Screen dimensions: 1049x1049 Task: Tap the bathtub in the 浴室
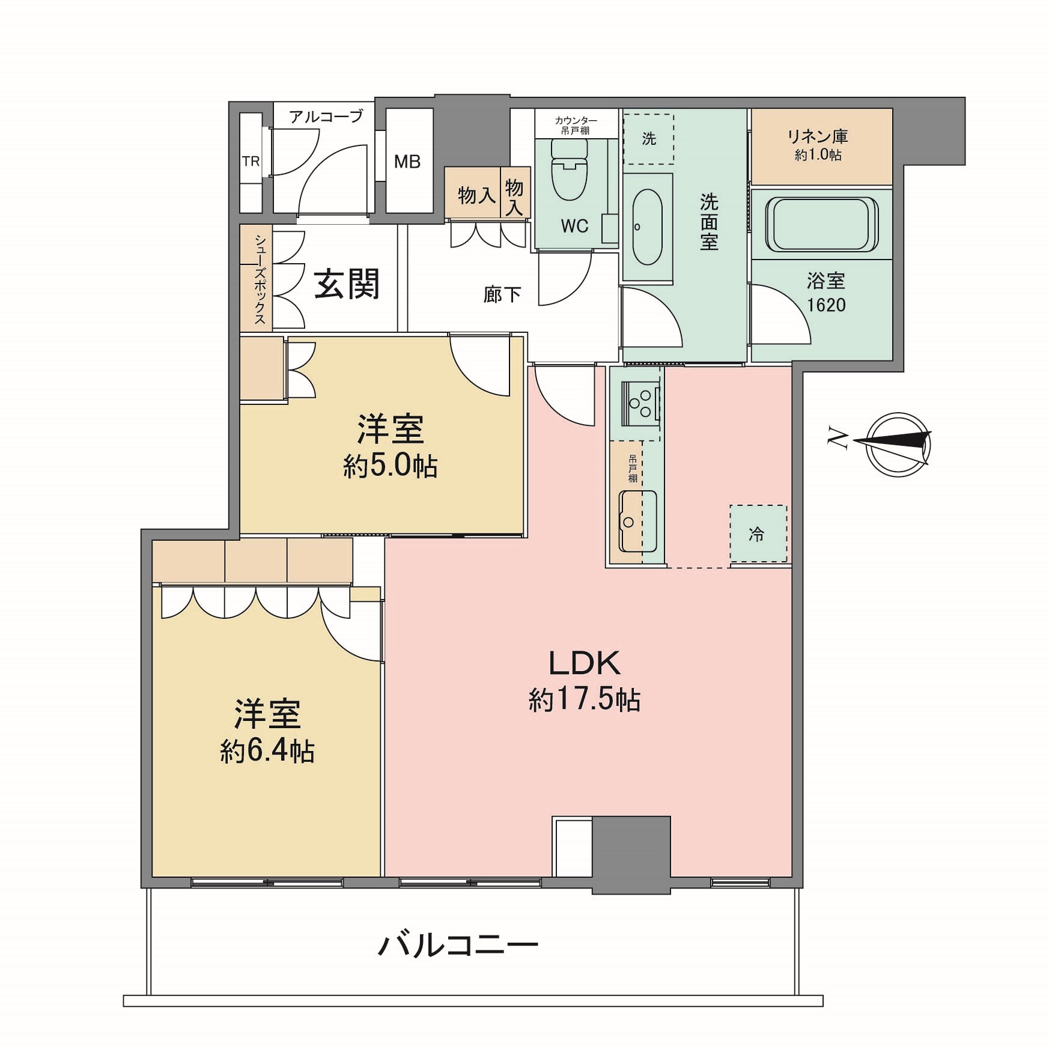tap(821, 224)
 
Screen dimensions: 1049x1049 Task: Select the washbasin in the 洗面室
tap(647, 227)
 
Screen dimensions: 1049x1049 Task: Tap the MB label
tap(407, 162)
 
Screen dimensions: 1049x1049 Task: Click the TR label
tap(251, 162)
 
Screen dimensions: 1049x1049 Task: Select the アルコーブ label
tap(326, 116)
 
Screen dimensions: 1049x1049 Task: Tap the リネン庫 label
tap(818, 136)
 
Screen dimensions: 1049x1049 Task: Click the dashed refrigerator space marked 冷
tap(758, 534)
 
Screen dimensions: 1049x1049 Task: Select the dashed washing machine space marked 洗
tap(649, 139)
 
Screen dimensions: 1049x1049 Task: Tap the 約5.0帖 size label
tap(391, 466)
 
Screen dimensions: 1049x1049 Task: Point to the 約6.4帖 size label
tap(267, 752)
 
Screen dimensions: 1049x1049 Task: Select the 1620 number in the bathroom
tap(826, 305)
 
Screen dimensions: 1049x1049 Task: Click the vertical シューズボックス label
tap(260, 279)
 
